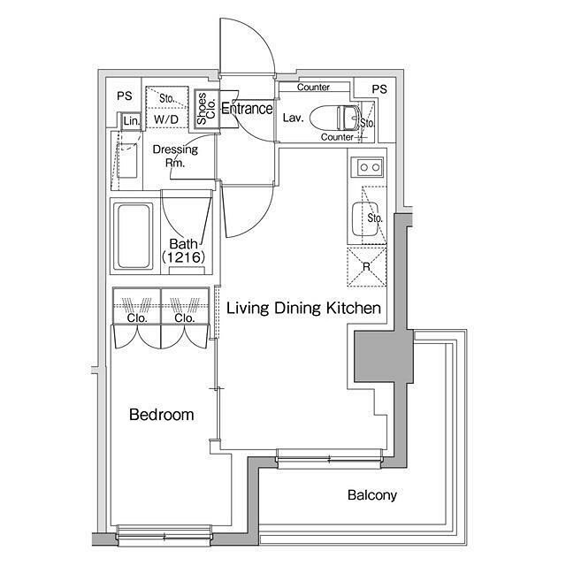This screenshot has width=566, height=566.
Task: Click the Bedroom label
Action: (x=161, y=415)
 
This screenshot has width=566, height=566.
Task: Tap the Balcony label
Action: (x=372, y=495)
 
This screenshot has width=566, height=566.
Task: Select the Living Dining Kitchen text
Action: (x=303, y=308)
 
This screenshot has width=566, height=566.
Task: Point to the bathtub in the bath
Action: (x=134, y=236)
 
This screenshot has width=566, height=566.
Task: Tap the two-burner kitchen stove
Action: (x=368, y=167)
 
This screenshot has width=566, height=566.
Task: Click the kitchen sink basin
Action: (x=365, y=218)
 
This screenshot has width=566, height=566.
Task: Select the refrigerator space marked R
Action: (x=367, y=267)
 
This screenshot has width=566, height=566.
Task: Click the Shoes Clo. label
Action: (x=206, y=108)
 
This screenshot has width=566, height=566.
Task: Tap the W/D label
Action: (x=166, y=119)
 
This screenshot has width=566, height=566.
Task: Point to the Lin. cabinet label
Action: (x=132, y=120)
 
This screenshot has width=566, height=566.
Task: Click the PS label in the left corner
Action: (x=125, y=96)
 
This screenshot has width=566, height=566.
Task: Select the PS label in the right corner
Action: (x=379, y=88)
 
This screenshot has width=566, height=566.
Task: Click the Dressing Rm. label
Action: (x=175, y=156)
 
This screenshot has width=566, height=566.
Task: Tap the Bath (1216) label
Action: (x=184, y=250)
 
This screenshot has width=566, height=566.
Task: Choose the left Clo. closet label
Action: (x=137, y=318)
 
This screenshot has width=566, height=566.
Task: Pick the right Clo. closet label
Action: (x=185, y=318)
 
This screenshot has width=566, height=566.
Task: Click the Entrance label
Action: (x=248, y=108)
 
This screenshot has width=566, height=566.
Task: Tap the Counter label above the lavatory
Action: (x=313, y=87)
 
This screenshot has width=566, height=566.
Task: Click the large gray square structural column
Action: (x=383, y=356)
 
